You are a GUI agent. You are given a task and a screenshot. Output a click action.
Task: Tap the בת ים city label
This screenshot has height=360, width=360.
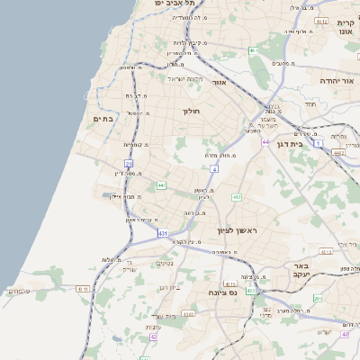point(103,118)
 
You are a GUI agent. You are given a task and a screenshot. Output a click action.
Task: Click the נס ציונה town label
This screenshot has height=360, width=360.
point(220,292)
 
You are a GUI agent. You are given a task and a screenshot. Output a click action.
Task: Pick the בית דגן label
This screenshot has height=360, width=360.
point(290,144)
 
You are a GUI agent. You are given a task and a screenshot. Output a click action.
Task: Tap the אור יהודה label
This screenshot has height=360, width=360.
point(337,81)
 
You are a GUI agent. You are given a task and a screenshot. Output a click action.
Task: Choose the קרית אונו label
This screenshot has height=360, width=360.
point(346,27)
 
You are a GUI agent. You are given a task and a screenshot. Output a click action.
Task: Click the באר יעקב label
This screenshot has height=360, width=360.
point(301,272)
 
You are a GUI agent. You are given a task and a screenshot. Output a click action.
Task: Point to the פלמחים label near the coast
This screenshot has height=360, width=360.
point(17,290)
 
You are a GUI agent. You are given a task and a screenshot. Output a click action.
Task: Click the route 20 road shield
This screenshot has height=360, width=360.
point(129,164)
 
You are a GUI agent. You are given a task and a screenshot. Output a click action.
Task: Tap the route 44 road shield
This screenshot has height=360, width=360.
point(265,142)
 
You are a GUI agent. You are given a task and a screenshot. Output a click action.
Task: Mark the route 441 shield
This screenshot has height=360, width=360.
point(161,185)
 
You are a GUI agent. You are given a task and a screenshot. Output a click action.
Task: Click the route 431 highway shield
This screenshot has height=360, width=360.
point(163,234)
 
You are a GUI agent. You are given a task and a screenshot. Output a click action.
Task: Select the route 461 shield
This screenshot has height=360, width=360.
point(255,50)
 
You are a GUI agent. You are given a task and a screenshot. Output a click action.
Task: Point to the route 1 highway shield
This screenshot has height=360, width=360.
point(319,142)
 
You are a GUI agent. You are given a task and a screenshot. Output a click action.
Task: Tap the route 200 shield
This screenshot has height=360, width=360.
point(318,297)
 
